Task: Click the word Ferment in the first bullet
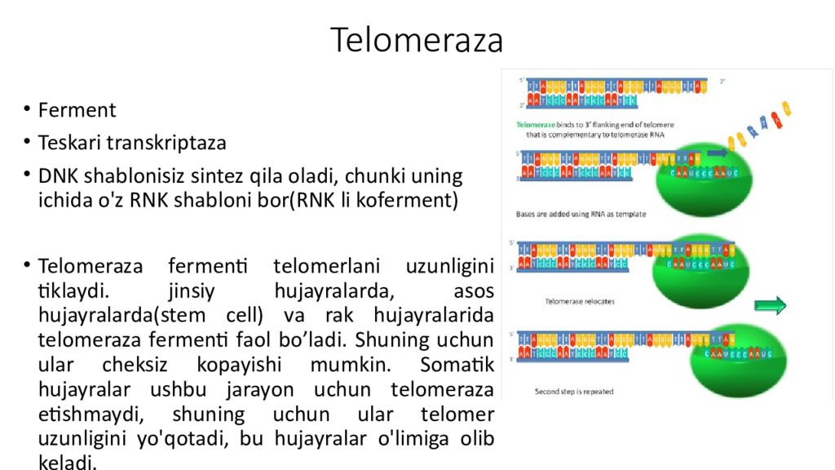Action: [77, 110]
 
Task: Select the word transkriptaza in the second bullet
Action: [173, 143]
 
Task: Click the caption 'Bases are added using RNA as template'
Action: [581, 215]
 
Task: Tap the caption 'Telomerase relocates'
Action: [580, 301]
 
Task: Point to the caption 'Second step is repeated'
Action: [574, 392]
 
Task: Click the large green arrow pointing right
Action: [770, 306]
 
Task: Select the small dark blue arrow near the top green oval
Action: [718, 153]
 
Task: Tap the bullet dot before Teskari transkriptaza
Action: [26, 142]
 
